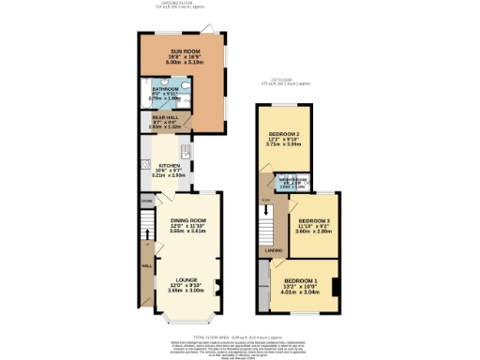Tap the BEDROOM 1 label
(301, 281)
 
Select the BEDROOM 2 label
(284, 137)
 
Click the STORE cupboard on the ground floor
(146, 201)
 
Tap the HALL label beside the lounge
(145, 265)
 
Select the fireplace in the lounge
(219, 285)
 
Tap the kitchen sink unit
(186, 152)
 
